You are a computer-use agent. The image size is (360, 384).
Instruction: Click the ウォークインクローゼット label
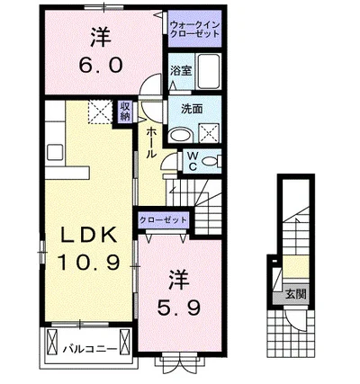pyautogui.click(x=194, y=29)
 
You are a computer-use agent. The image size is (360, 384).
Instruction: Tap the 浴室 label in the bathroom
pyautogui.click(x=181, y=71)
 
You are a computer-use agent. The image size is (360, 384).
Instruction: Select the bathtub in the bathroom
pyautogui.click(x=208, y=71)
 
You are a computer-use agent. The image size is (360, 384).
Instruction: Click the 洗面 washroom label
pyautogui.click(x=192, y=110)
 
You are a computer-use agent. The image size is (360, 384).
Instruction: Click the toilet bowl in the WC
pyautogui.click(x=211, y=162)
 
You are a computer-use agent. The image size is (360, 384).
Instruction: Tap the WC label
pyautogui.click(x=193, y=161)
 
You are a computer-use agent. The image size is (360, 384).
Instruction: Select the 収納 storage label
pyautogui.click(x=125, y=111)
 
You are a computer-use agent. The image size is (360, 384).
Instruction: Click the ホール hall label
pyautogui.click(x=151, y=142)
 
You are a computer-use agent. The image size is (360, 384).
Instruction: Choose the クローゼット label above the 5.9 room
pyautogui.click(x=164, y=220)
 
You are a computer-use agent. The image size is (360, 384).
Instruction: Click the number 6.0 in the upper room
pyautogui.click(x=101, y=65)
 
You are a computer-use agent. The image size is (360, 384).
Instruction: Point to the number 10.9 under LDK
pyautogui.click(x=88, y=263)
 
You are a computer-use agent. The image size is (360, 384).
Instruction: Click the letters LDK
pyautogui.click(x=89, y=235)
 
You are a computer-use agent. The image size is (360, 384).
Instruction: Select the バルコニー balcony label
pyautogui.click(x=89, y=350)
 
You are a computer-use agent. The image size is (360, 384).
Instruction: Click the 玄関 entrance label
pyautogui.click(x=295, y=294)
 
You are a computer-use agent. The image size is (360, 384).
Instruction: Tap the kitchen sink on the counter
pyautogui.click(x=56, y=154)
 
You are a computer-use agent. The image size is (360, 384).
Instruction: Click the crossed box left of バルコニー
pyautogui.click(x=51, y=343)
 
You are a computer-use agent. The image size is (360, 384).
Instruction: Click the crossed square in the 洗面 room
pyautogui.click(x=209, y=132)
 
